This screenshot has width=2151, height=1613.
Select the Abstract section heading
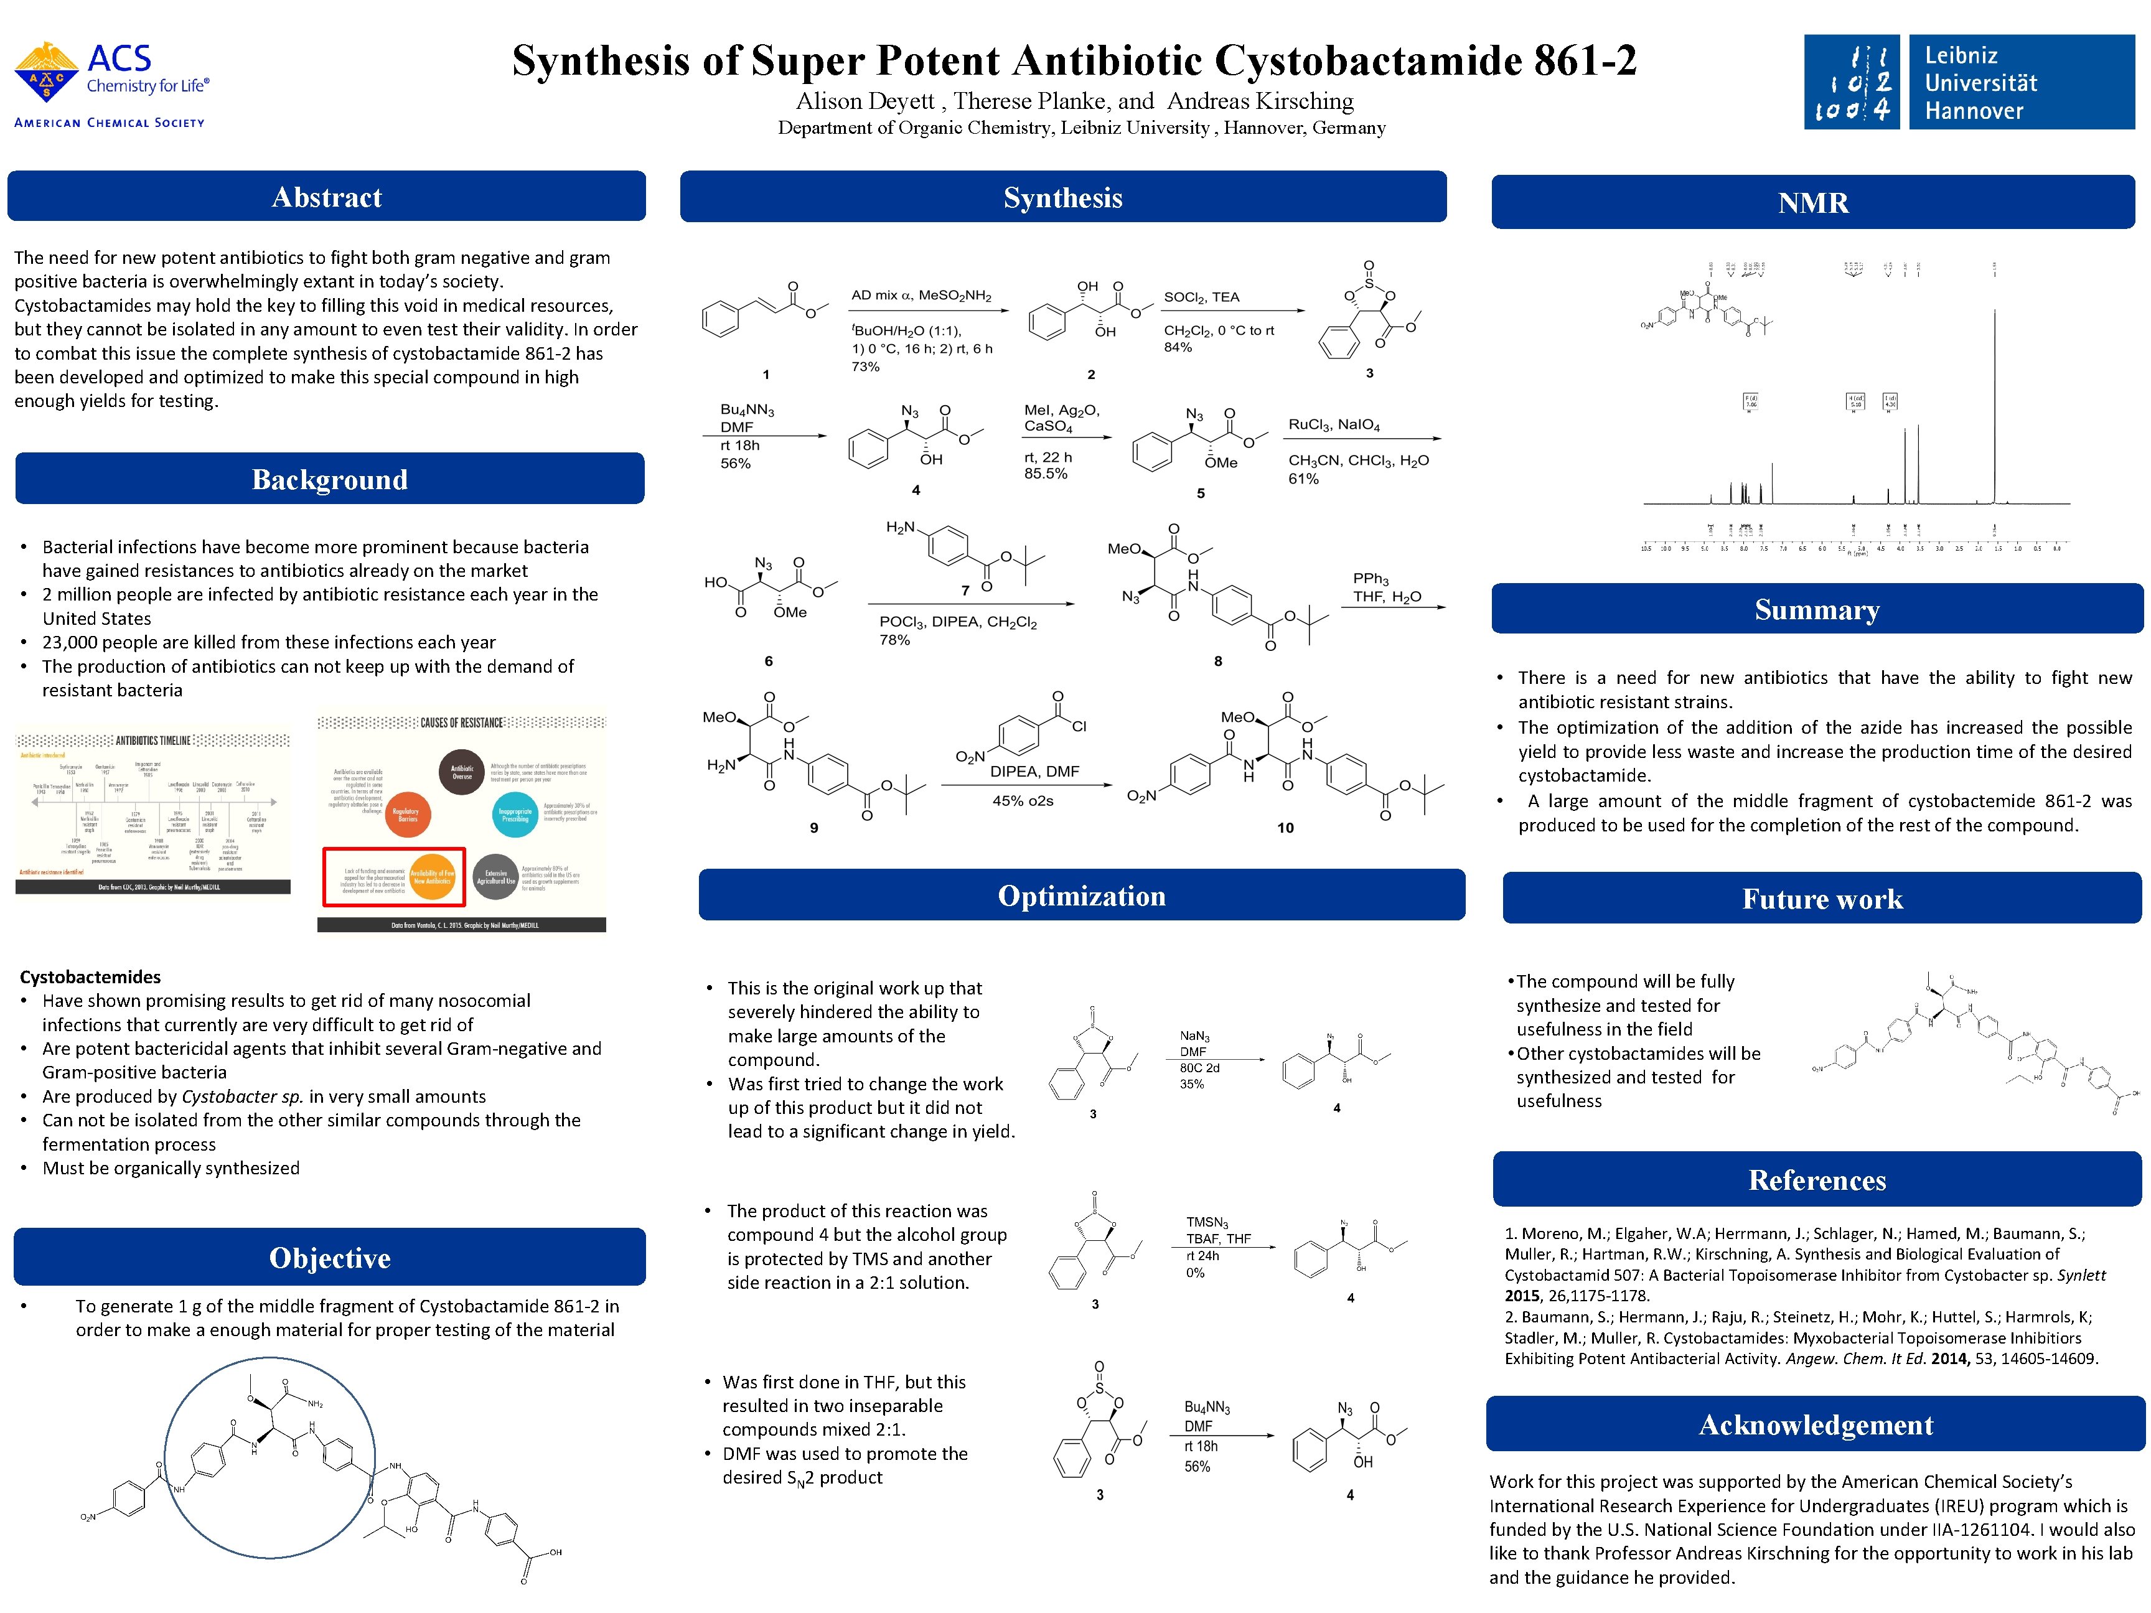(x=327, y=197)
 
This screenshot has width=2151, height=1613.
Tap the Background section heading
(x=330, y=479)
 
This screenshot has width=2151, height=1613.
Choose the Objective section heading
(x=330, y=1258)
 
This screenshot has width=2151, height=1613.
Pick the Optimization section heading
(x=1081, y=895)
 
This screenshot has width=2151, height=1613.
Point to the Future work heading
(x=1821, y=899)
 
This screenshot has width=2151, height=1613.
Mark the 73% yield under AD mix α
(x=866, y=367)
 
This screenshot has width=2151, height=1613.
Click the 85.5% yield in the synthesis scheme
(x=1046, y=474)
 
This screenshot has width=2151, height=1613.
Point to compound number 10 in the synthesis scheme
(x=1285, y=828)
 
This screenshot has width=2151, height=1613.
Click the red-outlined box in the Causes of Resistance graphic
(x=394, y=877)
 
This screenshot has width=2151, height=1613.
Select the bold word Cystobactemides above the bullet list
(x=90, y=977)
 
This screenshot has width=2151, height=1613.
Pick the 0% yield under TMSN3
(x=1194, y=1273)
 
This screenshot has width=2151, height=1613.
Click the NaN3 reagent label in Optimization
(x=1194, y=1037)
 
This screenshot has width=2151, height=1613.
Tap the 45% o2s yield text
(x=1022, y=801)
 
